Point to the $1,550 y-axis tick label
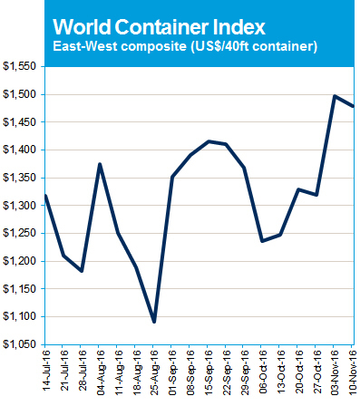[x=20, y=67]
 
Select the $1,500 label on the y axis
[x=20, y=94]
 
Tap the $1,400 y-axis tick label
[x=20, y=150]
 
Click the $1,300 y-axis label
[x=20, y=206]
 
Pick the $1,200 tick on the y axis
[x=20, y=261]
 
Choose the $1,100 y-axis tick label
[x=20, y=316]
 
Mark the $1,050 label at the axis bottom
[x=20, y=344]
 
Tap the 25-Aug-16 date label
[x=154, y=376]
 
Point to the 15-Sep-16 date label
[x=208, y=376]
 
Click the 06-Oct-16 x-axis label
[x=262, y=376]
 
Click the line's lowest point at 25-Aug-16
[x=154, y=322]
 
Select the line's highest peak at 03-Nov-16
[x=335, y=96]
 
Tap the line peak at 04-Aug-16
[x=100, y=164]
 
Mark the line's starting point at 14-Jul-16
[x=45, y=195]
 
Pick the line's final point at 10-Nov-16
[x=352, y=106]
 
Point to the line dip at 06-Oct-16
[x=262, y=241]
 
